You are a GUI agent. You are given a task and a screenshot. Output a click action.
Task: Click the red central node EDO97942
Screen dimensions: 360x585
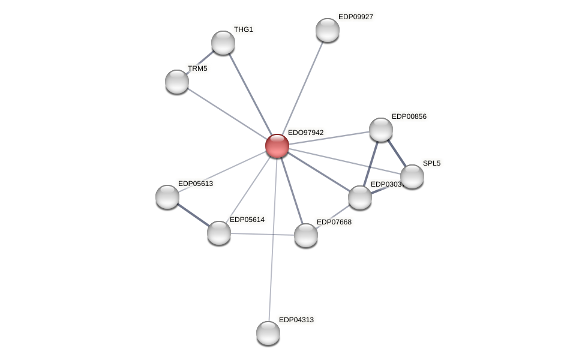tap(277, 146)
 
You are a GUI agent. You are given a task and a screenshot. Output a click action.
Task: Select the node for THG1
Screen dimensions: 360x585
tap(223, 43)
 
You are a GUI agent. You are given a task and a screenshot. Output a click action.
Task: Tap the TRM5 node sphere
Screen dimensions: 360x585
tap(177, 82)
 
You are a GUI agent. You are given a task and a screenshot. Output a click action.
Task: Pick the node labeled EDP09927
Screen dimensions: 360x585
tap(328, 30)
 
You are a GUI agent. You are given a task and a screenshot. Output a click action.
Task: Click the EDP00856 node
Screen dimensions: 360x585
tap(381, 130)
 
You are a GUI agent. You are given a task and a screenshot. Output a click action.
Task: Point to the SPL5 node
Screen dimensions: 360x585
tap(412, 176)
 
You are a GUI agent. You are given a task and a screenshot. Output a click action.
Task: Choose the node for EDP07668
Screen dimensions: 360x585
tap(306, 235)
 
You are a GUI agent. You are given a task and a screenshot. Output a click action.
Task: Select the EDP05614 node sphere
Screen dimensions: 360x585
tap(219, 233)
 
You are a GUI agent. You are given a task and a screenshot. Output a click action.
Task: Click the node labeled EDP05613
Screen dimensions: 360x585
tap(167, 197)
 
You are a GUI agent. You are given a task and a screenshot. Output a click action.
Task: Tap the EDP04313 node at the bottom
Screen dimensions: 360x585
tap(268, 333)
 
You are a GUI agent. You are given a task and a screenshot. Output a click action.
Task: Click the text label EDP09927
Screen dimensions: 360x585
tap(355, 17)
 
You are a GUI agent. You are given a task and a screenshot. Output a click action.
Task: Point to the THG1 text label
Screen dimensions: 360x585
tap(243, 29)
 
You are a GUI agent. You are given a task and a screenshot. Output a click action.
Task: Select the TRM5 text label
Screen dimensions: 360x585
tap(197, 68)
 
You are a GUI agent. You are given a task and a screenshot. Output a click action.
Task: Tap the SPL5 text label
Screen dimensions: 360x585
tap(431, 163)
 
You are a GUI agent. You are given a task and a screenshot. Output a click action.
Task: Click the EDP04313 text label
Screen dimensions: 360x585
tap(296, 320)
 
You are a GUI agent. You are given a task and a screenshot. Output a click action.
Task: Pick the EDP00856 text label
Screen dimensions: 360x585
tap(409, 116)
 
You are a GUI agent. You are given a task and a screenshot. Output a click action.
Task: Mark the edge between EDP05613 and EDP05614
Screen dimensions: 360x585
tap(193, 215)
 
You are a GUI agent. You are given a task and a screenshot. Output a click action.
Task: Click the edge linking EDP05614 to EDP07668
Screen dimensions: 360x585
tap(262, 234)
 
